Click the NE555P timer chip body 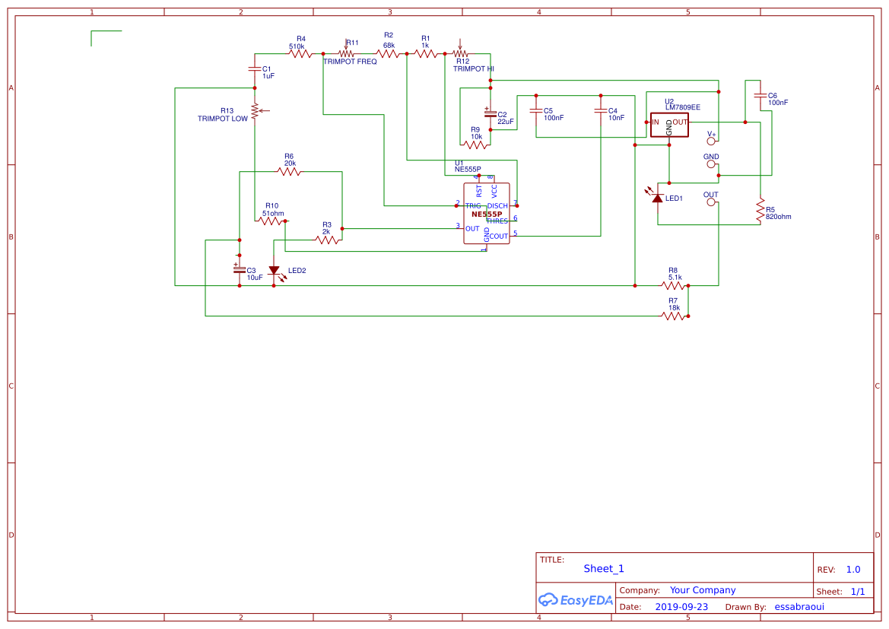tap(487, 214)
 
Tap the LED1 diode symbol tap(658, 198)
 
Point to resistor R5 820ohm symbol tap(760, 211)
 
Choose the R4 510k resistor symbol tap(301, 53)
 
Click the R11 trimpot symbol tap(349, 53)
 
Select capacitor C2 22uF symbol tap(491, 114)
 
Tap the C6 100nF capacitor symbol tap(760, 96)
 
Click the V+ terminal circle tap(712, 141)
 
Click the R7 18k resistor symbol tap(674, 316)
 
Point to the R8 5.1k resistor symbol tap(674, 285)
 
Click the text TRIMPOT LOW tap(222, 119)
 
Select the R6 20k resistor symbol tap(289, 171)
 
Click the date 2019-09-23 tap(681, 607)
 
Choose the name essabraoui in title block tap(799, 607)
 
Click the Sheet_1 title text tap(604, 568)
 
